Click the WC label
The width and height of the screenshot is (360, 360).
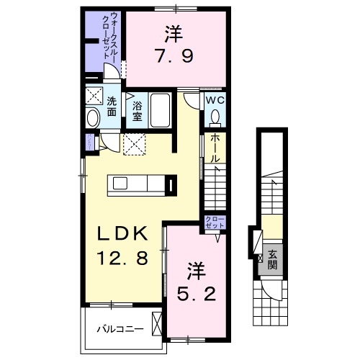coord(215,100)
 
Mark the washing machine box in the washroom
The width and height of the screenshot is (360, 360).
coord(93,97)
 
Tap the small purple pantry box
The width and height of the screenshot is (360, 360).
coord(89,141)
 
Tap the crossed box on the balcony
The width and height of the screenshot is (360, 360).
coord(158,322)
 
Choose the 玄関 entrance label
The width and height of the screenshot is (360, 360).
coord(273,258)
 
